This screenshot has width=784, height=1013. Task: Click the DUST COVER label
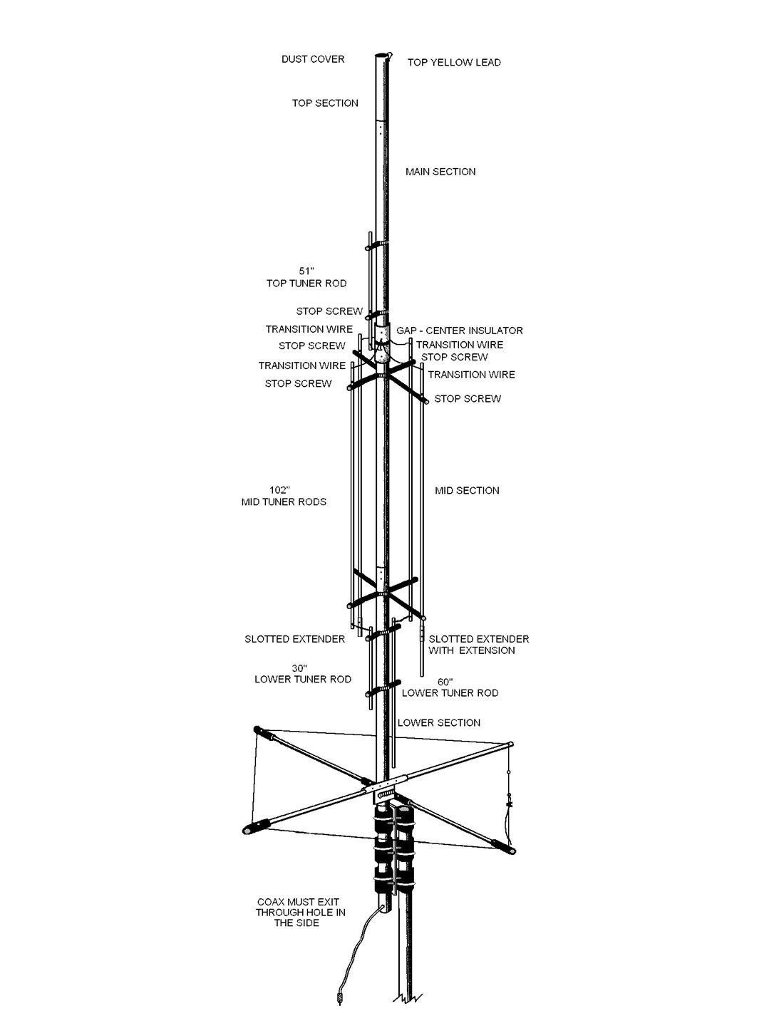pos(313,59)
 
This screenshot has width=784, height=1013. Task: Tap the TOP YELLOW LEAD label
pos(454,63)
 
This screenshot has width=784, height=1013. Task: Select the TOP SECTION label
pos(325,103)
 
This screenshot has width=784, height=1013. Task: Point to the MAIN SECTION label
pos(440,172)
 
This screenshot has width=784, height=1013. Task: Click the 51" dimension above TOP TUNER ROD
pos(306,271)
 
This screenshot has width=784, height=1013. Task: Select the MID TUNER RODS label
pos(284,502)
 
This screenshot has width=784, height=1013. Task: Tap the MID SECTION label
pos(467,491)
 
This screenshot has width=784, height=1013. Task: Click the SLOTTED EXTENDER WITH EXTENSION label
pos(478,645)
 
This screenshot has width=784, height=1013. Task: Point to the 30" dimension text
pos(299,668)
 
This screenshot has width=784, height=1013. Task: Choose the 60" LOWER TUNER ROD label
pos(450,687)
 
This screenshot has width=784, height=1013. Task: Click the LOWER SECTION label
pos(439,723)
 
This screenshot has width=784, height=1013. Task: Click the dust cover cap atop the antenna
pos(383,55)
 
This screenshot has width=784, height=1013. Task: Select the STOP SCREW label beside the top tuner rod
pos(329,312)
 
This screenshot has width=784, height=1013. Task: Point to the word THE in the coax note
pos(287,923)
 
